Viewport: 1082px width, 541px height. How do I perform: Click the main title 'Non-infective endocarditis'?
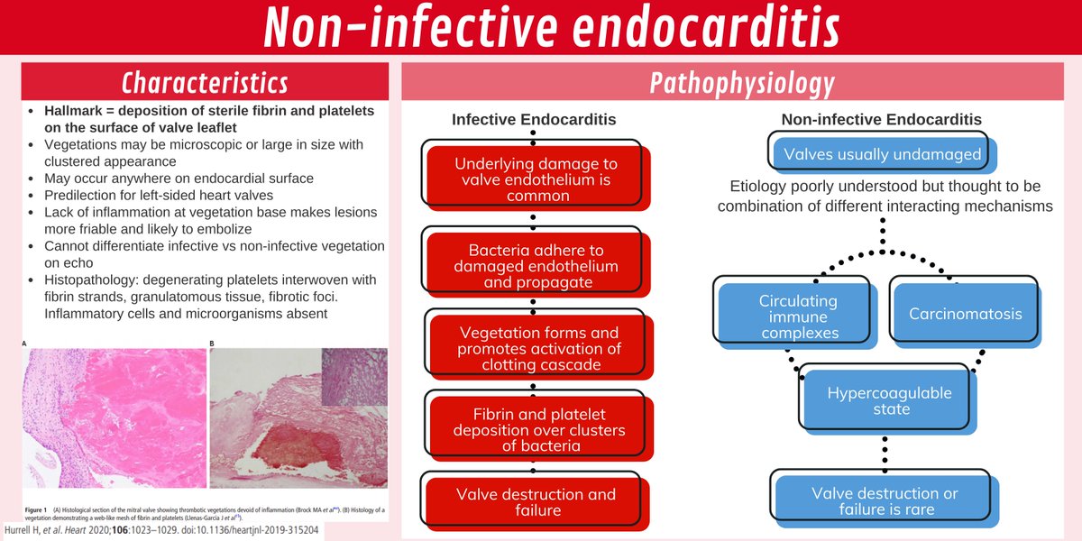pyautogui.click(x=550, y=28)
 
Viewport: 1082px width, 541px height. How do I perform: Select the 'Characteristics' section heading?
pyautogui.click(x=205, y=83)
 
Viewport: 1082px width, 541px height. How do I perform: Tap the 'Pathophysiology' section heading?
pyautogui.click(x=741, y=83)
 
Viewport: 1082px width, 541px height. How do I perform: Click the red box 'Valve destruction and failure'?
pyautogui.click(x=536, y=503)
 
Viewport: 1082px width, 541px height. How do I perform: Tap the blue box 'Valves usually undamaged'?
pyautogui.click(x=882, y=154)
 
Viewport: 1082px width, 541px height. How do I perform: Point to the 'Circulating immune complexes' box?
pyautogui.click(x=798, y=315)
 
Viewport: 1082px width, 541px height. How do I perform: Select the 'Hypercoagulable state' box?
pyautogui.click(x=889, y=402)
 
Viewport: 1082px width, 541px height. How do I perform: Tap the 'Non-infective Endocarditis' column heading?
pyautogui.click(x=882, y=119)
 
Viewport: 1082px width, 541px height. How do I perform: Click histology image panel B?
pyautogui.click(x=298, y=418)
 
